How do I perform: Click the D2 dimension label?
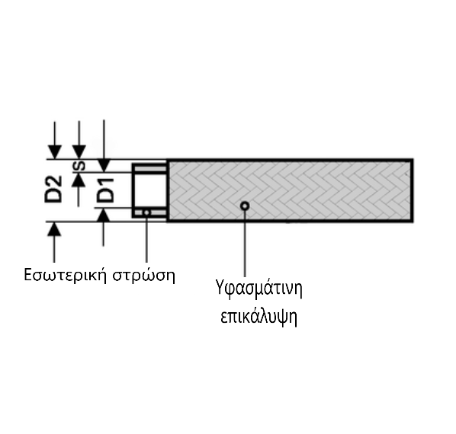click(x=53, y=189)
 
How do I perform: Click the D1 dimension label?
click(x=105, y=190)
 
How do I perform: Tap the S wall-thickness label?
click(x=79, y=166)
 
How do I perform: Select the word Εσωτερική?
click(x=65, y=275)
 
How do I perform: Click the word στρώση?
click(x=144, y=275)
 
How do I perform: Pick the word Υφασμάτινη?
click(x=259, y=289)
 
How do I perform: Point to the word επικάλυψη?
click(x=259, y=317)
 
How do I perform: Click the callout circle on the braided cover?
click(x=245, y=206)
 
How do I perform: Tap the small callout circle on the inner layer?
click(x=146, y=212)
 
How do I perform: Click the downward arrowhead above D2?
click(x=55, y=152)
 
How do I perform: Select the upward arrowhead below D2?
click(x=54, y=229)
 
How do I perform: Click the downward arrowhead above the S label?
click(x=79, y=152)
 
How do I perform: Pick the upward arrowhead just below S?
click(x=79, y=180)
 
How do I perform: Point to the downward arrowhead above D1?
click(x=104, y=165)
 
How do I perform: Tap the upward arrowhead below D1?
click(x=103, y=215)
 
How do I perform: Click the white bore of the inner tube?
click(x=150, y=190)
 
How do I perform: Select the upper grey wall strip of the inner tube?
click(x=150, y=169)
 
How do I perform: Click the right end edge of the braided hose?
click(x=412, y=190)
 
